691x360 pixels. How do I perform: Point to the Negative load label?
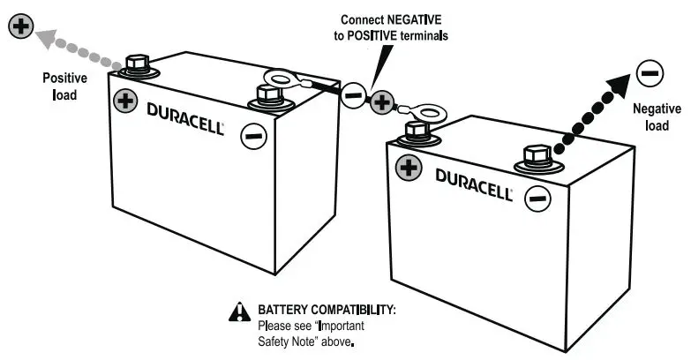(657, 116)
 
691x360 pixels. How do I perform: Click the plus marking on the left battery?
(126, 100)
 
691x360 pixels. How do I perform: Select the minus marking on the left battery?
(252, 136)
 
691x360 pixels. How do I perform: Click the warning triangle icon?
(238, 311)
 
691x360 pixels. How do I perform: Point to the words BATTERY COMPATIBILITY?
(326, 311)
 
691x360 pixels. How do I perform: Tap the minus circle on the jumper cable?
(353, 95)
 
